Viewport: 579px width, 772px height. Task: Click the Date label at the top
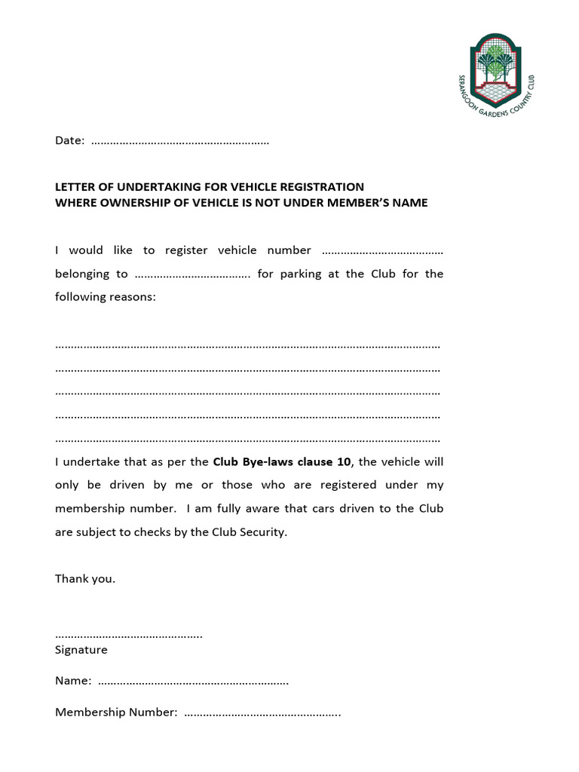click(x=69, y=141)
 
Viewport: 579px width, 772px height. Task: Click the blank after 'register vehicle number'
click(x=382, y=251)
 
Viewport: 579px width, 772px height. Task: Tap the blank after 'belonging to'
click(x=192, y=274)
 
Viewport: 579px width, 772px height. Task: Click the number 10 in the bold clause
click(x=345, y=461)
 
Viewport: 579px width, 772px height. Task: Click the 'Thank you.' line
click(x=85, y=579)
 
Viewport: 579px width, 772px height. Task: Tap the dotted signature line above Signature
click(x=129, y=636)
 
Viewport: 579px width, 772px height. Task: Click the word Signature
click(x=81, y=650)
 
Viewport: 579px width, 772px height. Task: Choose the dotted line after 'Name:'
click(x=194, y=682)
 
